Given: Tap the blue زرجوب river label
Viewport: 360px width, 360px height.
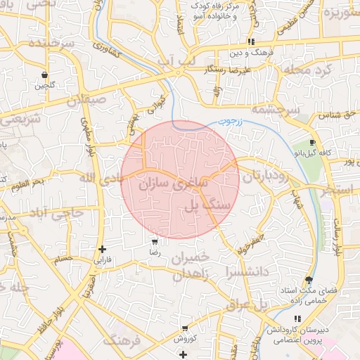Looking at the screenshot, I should click(229, 121).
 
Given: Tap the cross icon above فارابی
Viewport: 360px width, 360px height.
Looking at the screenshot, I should click(103, 249).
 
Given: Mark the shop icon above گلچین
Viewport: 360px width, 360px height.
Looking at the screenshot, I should click(45, 75).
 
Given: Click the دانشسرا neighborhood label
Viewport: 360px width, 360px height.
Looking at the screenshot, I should click(246, 271).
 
